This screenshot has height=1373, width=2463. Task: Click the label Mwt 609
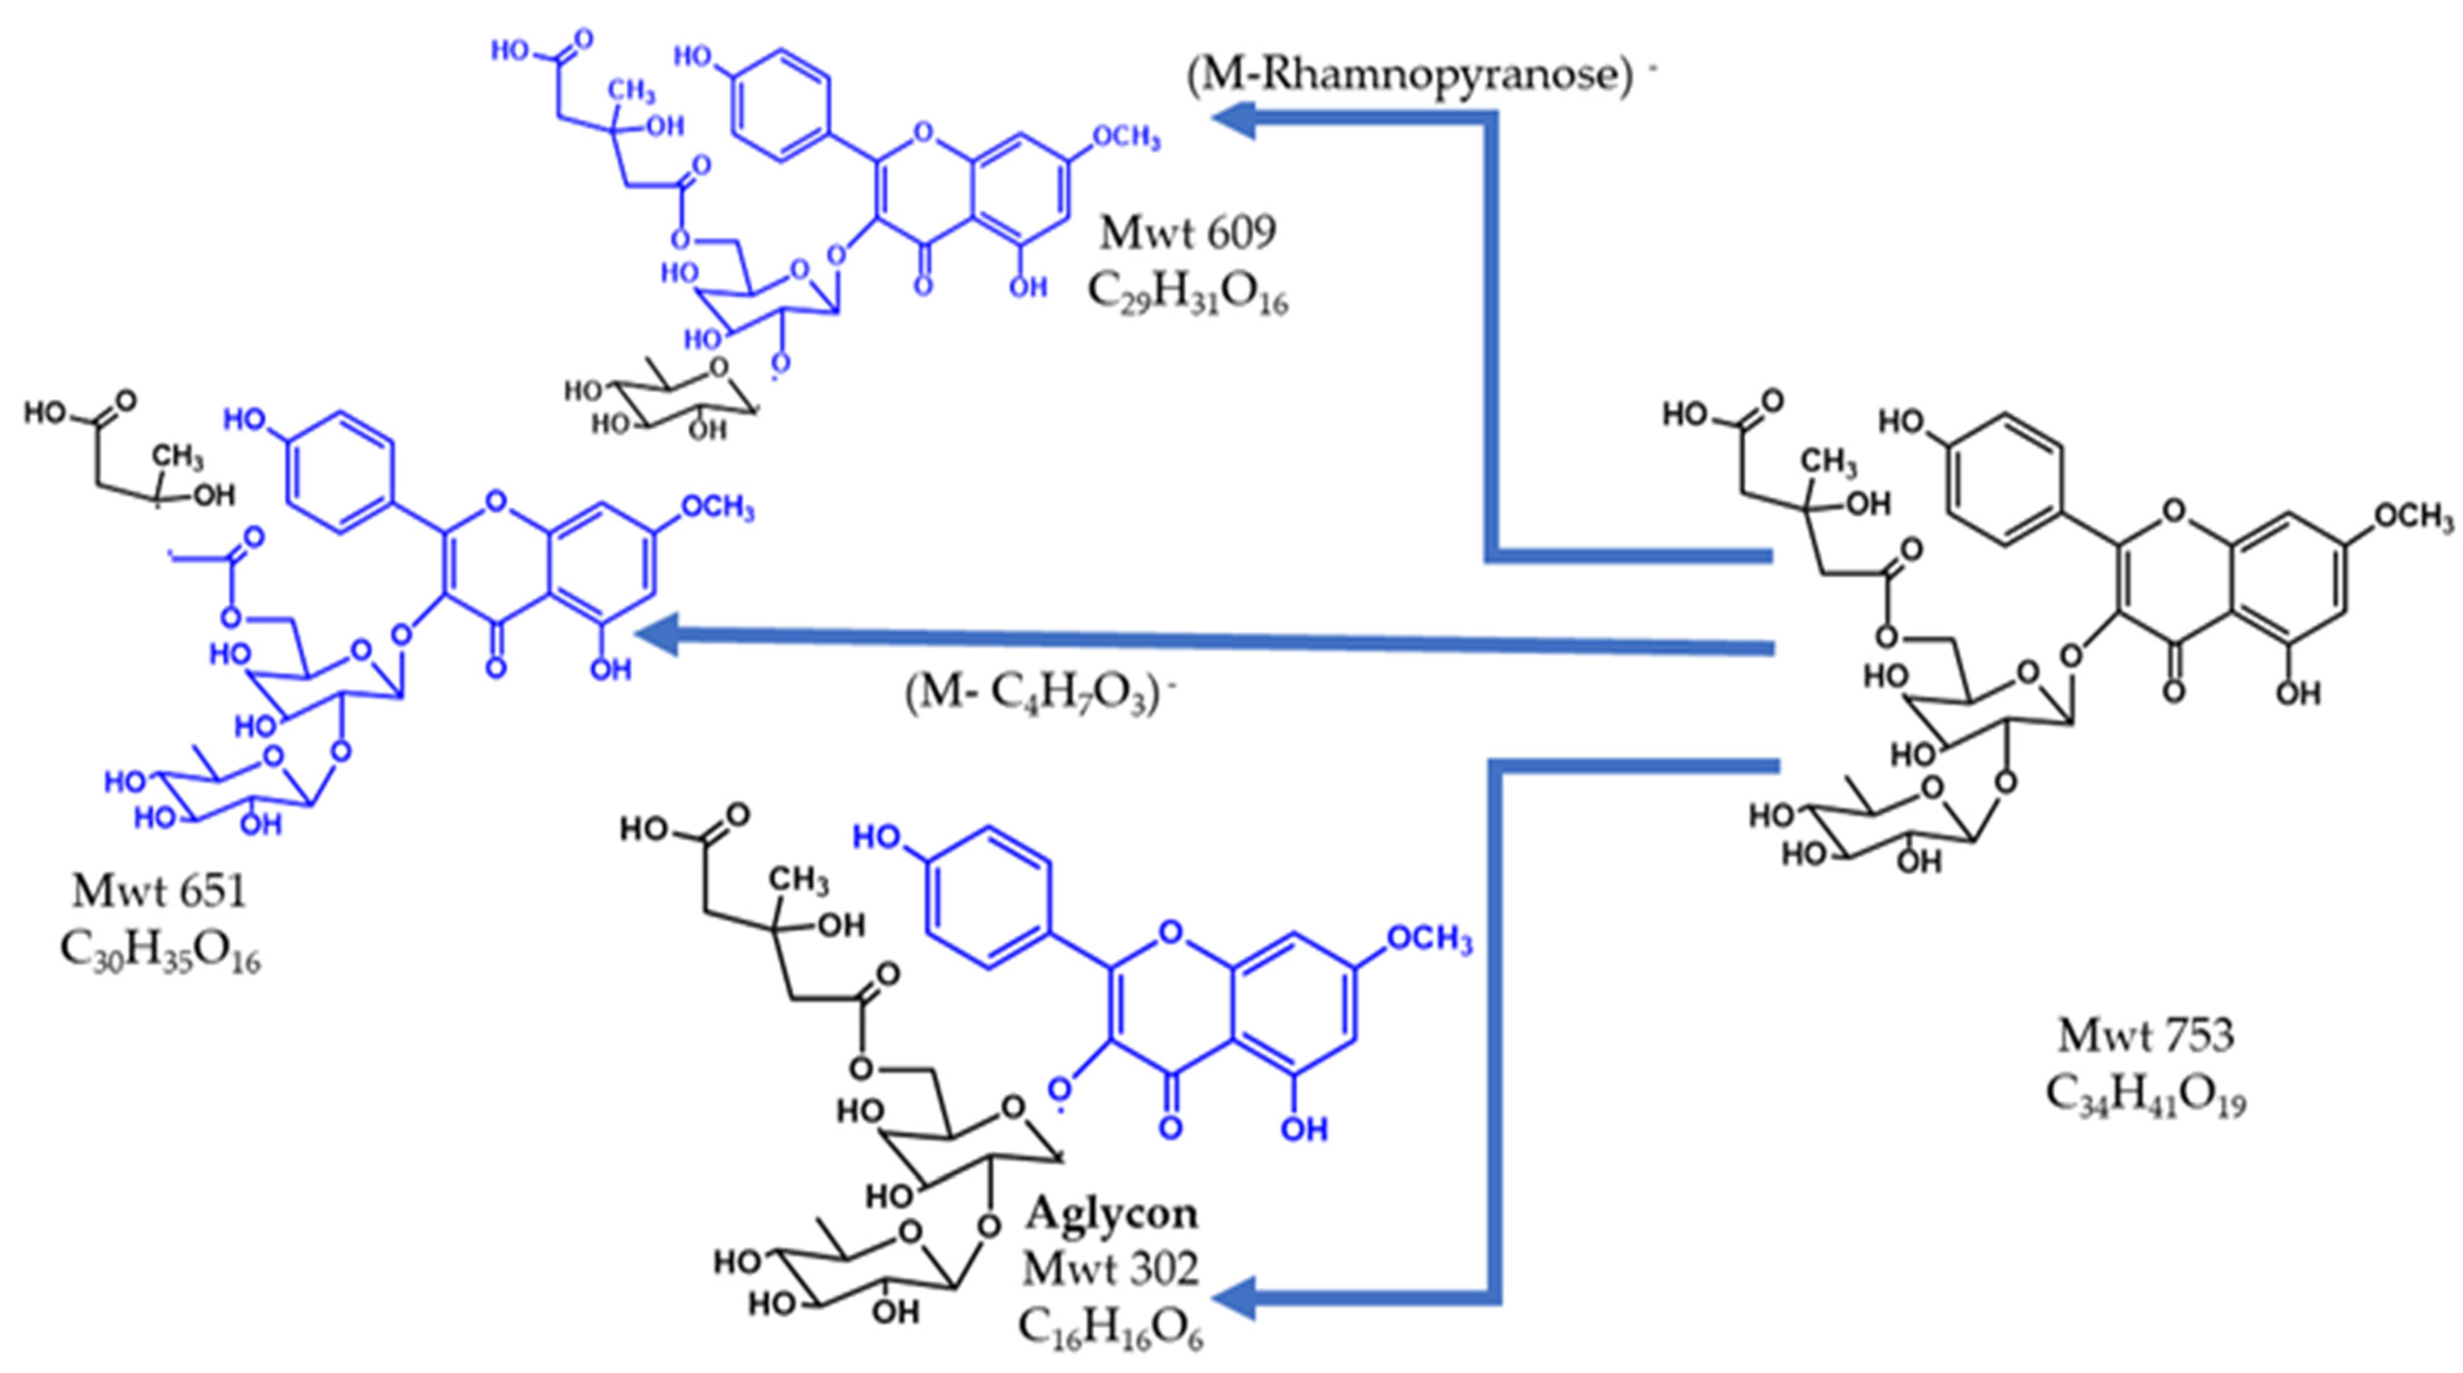point(1187,232)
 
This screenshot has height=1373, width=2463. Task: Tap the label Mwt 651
point(159,892)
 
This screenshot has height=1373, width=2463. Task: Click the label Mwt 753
point(2146,1035)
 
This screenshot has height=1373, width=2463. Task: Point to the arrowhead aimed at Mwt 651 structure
point(660,634)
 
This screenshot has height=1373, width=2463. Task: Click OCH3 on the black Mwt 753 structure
point(2412,517)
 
